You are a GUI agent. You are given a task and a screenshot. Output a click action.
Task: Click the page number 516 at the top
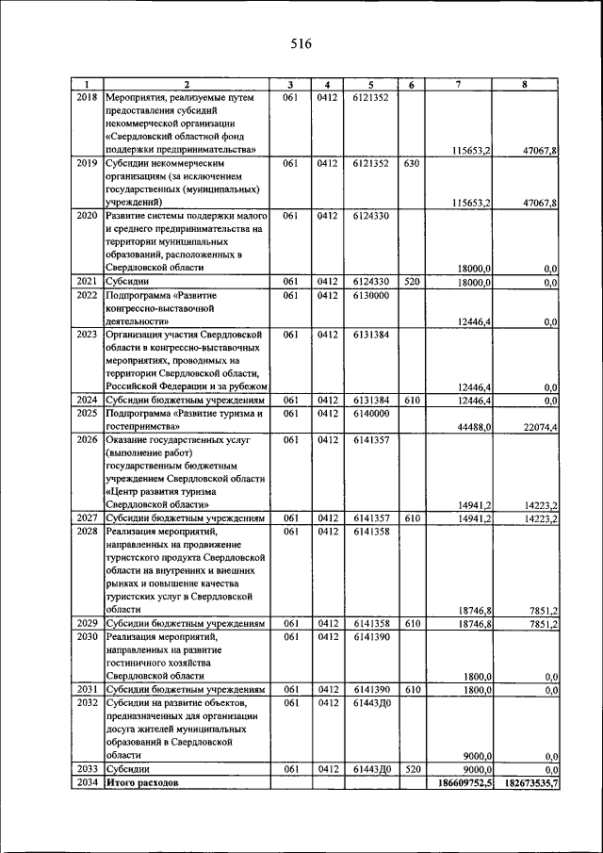(x=301, y=43)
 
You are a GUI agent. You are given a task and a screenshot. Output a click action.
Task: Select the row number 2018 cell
(x=87, y=96)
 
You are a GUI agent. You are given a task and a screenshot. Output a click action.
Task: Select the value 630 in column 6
(x=411, y=162)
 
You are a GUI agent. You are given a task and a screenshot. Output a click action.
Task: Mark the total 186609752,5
(x=462, y=782)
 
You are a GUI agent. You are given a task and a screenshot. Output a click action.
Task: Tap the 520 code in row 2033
(x=411, y=769)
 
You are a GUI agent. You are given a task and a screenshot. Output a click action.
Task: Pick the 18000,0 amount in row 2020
(x=472, y=269)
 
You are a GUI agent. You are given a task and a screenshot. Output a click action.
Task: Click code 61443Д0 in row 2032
(x=371, y=702)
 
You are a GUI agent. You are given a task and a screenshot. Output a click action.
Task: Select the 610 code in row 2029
(x=411, y=623)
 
